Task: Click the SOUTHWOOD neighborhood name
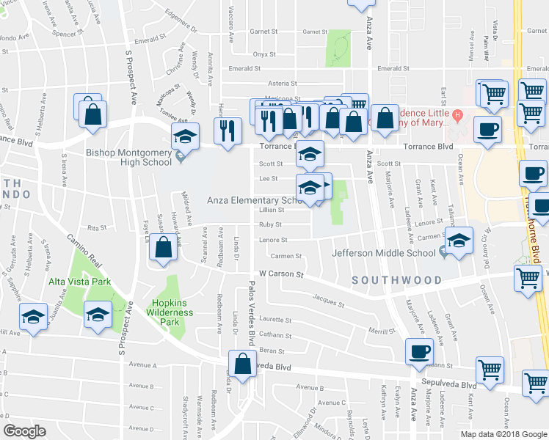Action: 396,280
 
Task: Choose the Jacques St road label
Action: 328,301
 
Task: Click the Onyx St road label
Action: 263,54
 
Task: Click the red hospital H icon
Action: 457,114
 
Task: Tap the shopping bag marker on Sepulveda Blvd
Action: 242,364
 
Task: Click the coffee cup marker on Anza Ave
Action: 419,352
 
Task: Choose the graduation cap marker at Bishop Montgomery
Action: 185,136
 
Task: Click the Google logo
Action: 25,431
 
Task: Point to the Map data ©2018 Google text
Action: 503,434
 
